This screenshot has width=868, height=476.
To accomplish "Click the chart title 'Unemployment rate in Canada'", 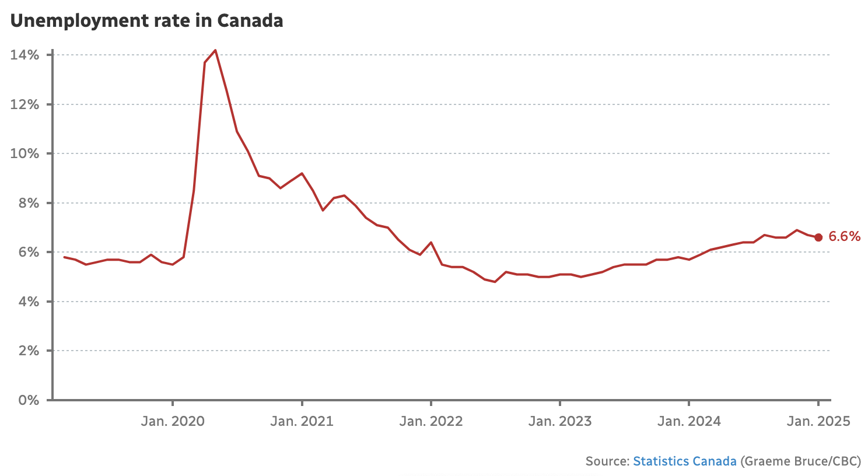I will (146, 21).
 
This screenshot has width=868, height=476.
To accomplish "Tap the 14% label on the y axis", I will (24, 55).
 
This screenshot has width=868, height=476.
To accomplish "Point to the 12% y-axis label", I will (24, 104).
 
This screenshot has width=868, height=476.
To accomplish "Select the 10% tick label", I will (24, 154).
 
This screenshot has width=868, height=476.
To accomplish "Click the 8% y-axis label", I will (28, 203).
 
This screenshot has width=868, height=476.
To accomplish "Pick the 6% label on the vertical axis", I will (28, 253).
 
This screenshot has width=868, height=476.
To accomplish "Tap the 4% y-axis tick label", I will (28, 302).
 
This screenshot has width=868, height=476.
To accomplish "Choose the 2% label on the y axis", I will (28, 351).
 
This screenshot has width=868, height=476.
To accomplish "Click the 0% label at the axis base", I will (28, 400).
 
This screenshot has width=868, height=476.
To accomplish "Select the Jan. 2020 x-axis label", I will (173, 421).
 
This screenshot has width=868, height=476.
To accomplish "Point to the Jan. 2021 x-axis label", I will (302, 421).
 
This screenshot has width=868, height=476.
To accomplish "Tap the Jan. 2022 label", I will (430, 421).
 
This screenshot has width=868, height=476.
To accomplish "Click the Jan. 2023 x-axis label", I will (560, 421).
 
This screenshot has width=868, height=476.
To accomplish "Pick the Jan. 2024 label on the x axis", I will (689, 421).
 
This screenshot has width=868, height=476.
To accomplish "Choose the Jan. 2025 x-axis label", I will (818, 421).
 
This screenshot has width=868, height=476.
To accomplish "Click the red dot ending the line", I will (818, 237).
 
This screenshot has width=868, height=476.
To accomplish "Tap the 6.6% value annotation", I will (844, 236).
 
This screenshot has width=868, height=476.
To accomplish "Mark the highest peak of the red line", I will (215, 50).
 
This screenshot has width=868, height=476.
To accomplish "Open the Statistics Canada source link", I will (684, 461).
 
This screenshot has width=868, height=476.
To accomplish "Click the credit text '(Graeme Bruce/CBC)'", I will (800, 461).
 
